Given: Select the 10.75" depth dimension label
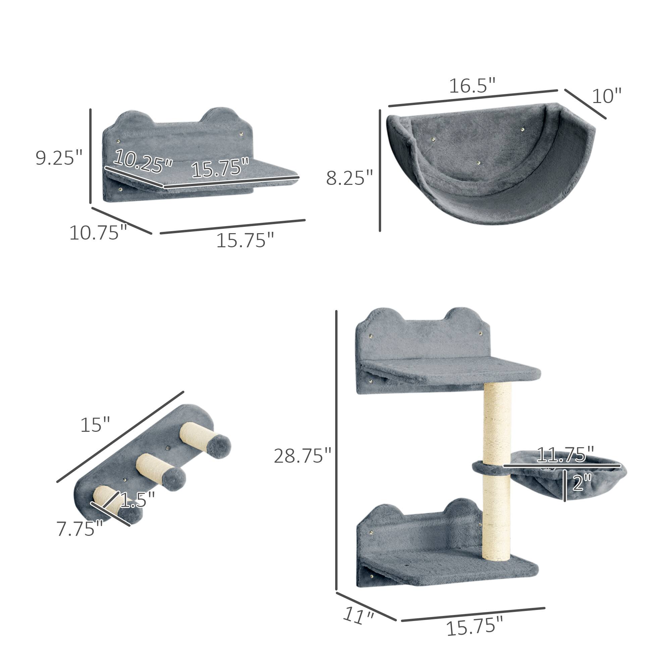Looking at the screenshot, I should [99, 233].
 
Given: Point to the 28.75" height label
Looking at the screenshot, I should [303, 456].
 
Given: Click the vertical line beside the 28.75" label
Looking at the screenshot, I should [336, 452].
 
